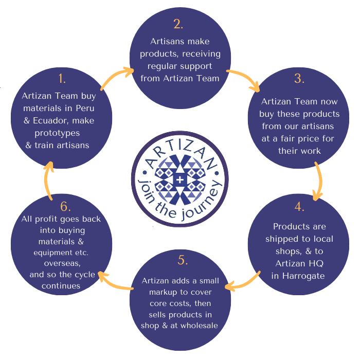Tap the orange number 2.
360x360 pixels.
coord(178,24)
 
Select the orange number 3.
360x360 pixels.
coord(299,79)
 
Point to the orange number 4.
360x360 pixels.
coord(299,208)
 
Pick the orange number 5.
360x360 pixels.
coord(183,260)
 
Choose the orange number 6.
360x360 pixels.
coord(65,206)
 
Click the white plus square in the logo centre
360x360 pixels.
coord(179,180)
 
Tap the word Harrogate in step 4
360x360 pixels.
coord(299,276)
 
